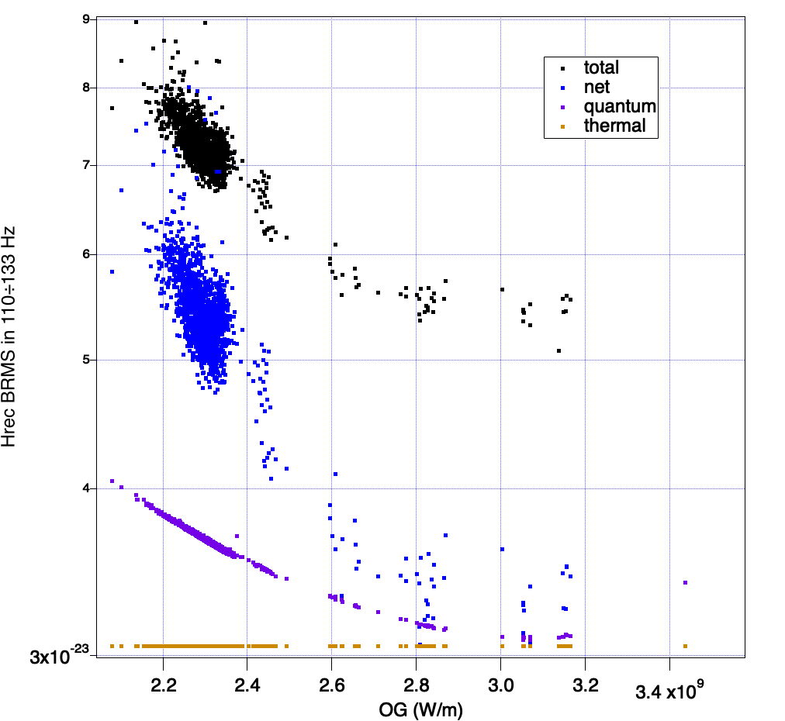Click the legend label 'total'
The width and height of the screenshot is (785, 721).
pyautogui.click(x=601, y=67)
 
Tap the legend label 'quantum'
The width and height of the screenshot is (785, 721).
pyautogui.click(x=620, y=106)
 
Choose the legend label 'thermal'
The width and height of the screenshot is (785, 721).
pyautogui.click(x=614, y=126)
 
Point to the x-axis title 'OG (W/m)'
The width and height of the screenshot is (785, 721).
pyautogui.click(x=418, y=709)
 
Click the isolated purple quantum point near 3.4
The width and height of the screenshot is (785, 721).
pyautogui.click(x=685, y=582)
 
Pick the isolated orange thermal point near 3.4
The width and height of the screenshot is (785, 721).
pyautogui.click(x=685, y=646)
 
